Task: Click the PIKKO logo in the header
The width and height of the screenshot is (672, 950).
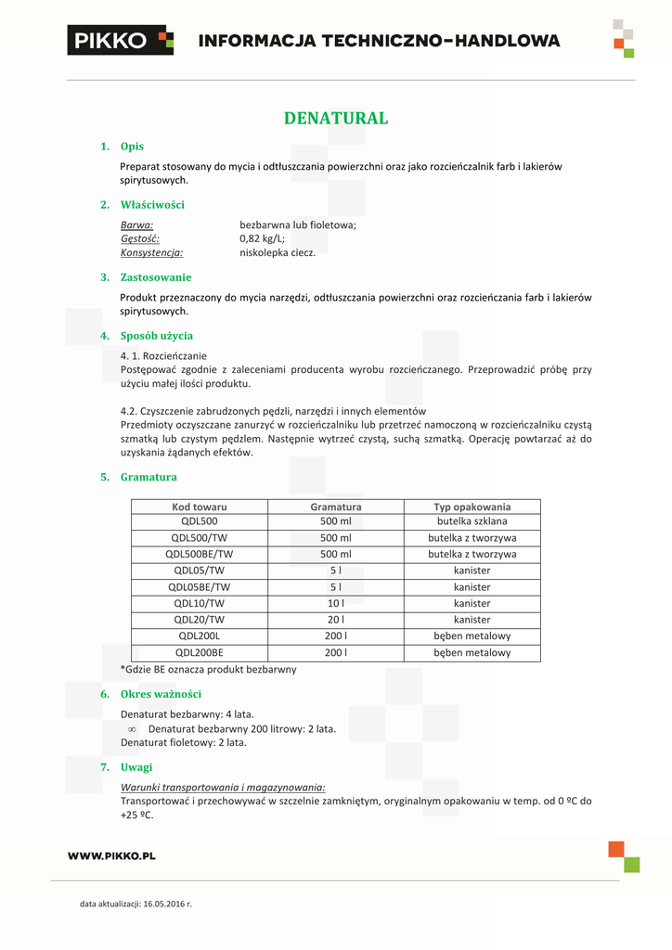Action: pos(120,40)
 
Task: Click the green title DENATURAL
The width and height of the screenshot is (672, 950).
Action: pos(336,118)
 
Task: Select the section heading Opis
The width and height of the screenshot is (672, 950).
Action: pos(132,147)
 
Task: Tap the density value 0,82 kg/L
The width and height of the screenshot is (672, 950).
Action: pos(263,238)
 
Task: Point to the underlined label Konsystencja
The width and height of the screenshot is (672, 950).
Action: pos(151,252)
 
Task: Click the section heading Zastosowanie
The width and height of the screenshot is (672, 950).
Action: pos(156,277)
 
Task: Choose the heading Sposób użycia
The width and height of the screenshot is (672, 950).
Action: pos(157,336)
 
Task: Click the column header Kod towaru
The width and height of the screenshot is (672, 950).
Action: pos(200,507)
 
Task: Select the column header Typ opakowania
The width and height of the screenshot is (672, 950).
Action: pos(472,507)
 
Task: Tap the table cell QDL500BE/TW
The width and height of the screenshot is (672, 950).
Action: pos(200,554)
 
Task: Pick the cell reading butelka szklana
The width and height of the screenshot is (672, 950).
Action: pos(472,521)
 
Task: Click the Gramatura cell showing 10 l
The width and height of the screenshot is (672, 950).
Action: pos(336,603)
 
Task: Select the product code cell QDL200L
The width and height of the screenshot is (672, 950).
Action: pos(200,636)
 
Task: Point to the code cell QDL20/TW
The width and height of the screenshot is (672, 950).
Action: pos(200,620)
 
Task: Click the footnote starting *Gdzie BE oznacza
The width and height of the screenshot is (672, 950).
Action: pos(209,669)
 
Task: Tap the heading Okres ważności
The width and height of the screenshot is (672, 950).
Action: pos(161,694)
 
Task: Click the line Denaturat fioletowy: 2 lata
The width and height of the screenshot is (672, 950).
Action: pos(184,742)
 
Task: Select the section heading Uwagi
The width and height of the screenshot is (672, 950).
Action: pos(136,767)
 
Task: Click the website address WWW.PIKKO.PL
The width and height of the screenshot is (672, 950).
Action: pos(111,855)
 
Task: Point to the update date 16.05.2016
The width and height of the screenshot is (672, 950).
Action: pos(164,903)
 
